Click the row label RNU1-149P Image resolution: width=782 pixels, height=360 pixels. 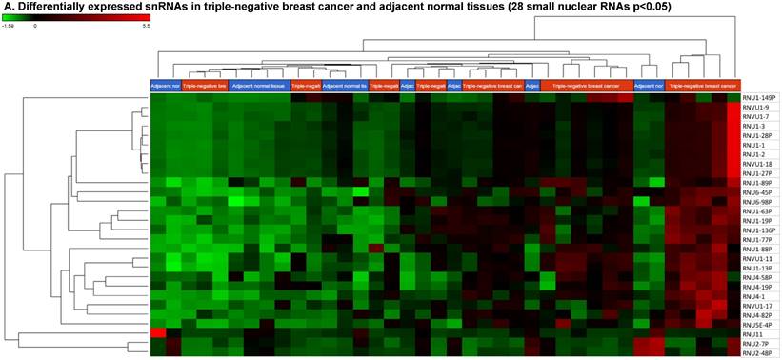coord(759,97)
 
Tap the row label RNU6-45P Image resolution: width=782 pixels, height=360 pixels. coord(757,191)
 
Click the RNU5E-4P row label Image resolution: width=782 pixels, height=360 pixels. coord(757,325)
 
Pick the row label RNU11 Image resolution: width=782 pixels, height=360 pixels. coord(752,334)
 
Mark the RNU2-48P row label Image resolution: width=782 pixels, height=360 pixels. coord(757,353)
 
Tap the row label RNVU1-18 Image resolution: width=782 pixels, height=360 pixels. coord(758,163)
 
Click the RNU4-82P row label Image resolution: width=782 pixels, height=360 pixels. coord(757,315)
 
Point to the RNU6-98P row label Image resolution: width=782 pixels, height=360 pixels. coord(757,201)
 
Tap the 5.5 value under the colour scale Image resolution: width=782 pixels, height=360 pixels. coord(146,27)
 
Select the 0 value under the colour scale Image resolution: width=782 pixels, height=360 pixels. coord(35,27)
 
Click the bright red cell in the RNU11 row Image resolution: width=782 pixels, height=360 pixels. coord(158,333)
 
